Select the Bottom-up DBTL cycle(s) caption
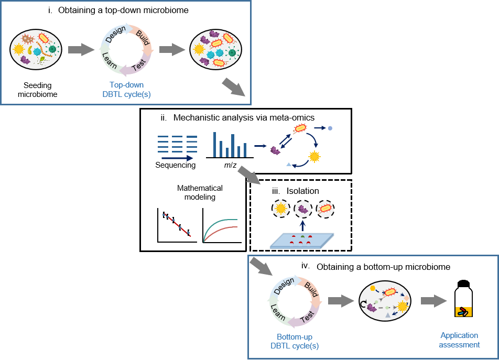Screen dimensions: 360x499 coord(294,341)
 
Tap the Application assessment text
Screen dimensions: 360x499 coord(459,340)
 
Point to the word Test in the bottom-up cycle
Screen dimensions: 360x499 coord(308,317)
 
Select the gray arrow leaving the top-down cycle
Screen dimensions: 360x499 coord(172,50)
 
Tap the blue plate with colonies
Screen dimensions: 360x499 coord(302,241)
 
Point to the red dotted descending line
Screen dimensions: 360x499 coord(177,225)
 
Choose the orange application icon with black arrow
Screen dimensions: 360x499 coord(463,312)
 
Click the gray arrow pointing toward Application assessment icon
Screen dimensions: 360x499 coord(433,301)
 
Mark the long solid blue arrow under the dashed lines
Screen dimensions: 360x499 coord(177,157)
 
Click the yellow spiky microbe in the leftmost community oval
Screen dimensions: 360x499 coord(19,49)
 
